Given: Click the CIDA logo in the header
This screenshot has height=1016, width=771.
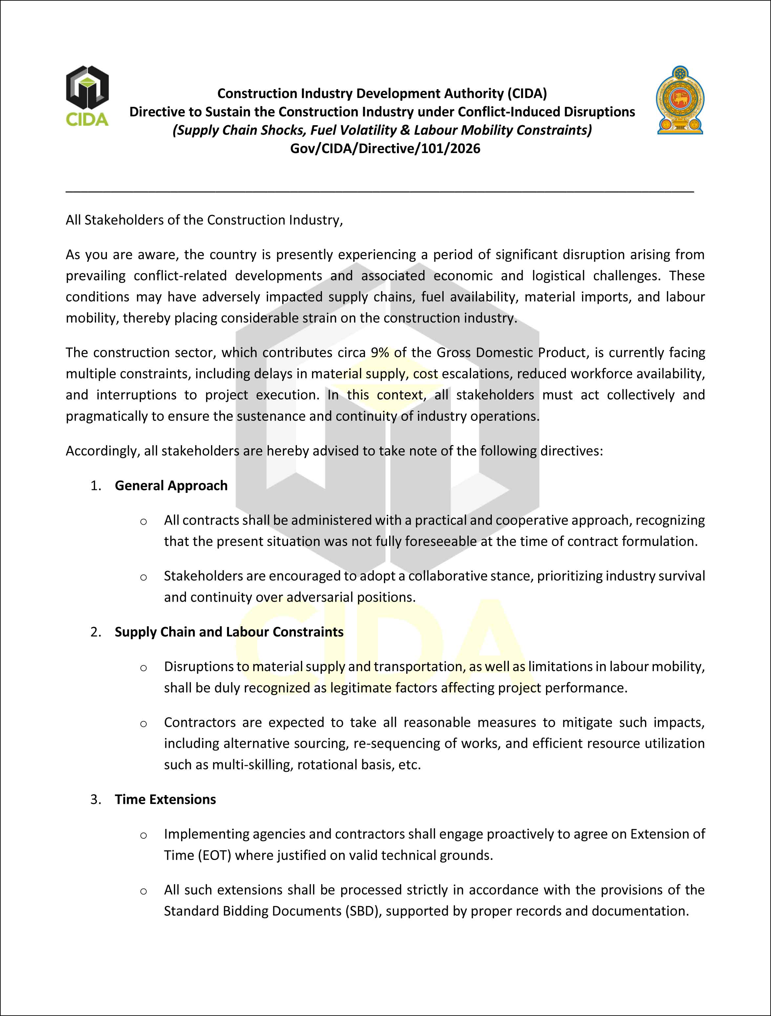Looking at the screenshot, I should click(87, 96).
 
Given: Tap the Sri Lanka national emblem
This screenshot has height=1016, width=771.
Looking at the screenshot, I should click(680, 100).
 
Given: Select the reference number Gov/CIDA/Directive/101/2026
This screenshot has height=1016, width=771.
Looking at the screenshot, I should click(385, 148).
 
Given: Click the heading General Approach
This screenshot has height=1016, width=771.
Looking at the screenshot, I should click(171, 485).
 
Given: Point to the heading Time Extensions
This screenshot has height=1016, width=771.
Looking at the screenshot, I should click(165, 799).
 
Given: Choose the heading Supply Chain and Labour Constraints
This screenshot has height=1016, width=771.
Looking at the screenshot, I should click(229, 632).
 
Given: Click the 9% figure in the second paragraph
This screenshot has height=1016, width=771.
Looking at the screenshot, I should click(380, 353).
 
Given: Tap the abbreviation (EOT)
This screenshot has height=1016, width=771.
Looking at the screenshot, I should click(214, 855).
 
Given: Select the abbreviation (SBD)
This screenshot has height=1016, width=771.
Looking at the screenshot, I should click(364, 911).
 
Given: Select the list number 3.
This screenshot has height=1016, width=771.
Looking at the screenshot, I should click(95, 800).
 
